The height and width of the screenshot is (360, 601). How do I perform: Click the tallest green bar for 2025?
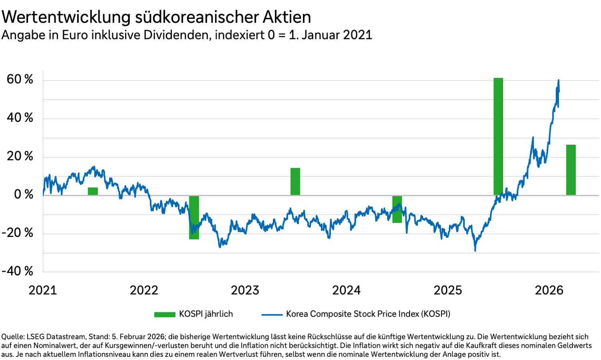498,136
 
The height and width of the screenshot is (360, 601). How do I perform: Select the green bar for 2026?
571,170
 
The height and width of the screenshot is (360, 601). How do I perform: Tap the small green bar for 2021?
93,191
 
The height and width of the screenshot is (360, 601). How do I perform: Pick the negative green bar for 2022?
194,217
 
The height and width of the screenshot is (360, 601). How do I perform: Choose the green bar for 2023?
295,182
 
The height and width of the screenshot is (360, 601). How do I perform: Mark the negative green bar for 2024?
397,209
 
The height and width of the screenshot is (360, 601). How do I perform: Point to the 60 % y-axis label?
20,79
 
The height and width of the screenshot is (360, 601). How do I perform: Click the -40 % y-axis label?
18,271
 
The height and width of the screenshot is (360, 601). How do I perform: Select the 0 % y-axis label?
24,194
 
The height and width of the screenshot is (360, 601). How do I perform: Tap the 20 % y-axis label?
20,156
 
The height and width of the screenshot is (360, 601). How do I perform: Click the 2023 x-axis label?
245,290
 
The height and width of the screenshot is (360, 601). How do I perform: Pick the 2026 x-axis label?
549,290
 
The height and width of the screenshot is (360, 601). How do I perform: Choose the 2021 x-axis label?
42,290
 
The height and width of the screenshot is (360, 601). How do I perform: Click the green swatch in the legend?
165,314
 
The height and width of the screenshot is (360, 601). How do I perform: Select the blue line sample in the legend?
272,314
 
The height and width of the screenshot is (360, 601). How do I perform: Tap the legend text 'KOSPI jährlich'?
206,314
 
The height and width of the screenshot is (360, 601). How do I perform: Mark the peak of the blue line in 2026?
559,80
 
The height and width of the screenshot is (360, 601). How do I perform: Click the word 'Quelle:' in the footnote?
14,337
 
